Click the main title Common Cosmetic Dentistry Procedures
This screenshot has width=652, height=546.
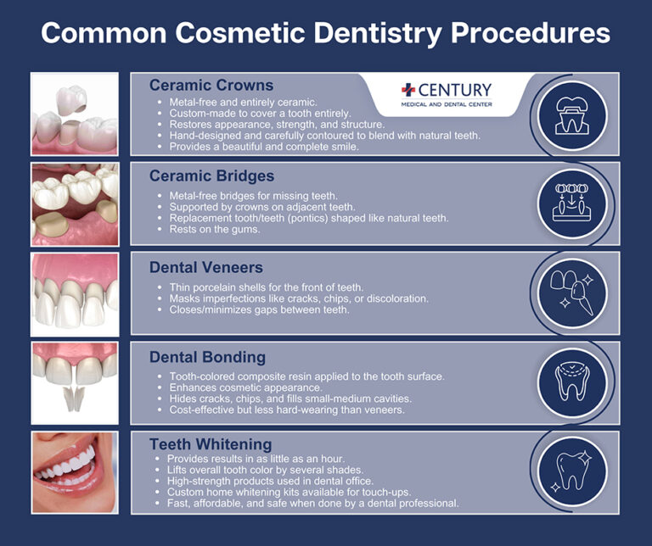(326, 33)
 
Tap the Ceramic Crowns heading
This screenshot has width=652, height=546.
(211, 86)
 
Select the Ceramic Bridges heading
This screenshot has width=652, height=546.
(211, 176)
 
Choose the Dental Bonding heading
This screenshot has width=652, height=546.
(207, 357)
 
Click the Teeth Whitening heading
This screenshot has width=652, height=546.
(211, 444)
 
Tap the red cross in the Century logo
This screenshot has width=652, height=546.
(408, 91)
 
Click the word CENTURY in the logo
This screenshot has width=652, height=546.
(453, 91)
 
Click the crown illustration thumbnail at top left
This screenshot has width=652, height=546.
(75, 114)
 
